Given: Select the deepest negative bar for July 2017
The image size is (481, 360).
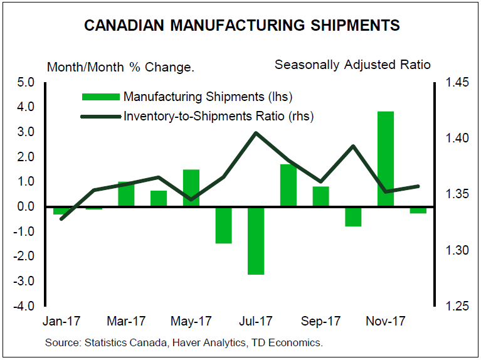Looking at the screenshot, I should [x=256, y=240].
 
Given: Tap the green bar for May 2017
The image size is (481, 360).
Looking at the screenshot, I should [x=191, y=188].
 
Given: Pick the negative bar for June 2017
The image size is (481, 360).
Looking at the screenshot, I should [x=223, y=225].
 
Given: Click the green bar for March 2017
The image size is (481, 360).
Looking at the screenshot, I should [x=126, y=194].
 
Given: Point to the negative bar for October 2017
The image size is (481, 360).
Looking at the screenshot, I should [x=353, y=216].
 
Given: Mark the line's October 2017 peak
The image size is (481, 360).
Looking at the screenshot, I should [x=353, y=146].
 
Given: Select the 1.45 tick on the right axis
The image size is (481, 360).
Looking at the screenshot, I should [x=457, y=82].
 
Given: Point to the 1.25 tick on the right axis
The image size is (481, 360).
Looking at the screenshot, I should [x=457, y=307].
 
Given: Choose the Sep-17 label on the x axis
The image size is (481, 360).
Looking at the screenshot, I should [x=321, y=322].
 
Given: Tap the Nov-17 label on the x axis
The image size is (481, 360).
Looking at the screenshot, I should [x=386, y=322].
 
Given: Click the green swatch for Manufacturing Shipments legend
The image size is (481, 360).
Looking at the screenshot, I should [x=100, y=97].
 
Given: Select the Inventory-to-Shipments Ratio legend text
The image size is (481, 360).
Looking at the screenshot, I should [x=219, y=116].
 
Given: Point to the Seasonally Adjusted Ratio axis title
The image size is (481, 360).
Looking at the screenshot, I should [x=352, y=65].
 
